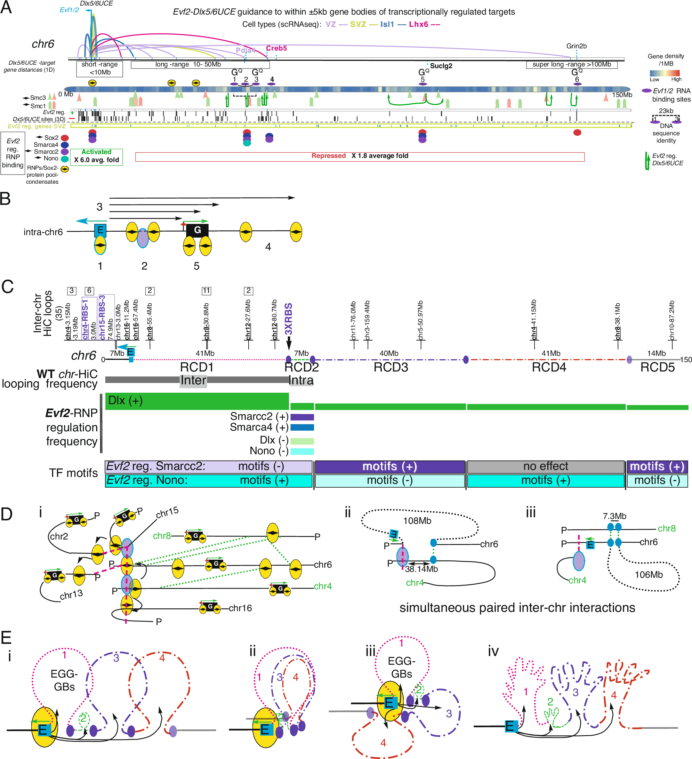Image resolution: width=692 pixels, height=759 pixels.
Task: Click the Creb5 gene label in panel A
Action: tap(276, 48)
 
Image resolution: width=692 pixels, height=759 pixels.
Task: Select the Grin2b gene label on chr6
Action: tap(576, 46)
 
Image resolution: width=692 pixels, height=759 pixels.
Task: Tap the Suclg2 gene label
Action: tap(441, 66)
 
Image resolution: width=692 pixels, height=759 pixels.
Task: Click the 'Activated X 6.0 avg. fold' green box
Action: tap(96, 156)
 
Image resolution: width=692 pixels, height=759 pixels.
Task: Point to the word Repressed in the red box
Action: tap(328, 156)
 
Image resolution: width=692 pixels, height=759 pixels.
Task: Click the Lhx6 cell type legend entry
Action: tap(418, 24)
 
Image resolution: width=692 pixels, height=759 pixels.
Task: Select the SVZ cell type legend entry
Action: tap(358, 24)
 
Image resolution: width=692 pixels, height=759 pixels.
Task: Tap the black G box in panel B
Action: tap(197, 230)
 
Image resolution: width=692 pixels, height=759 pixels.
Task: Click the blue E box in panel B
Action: tap(100, 230)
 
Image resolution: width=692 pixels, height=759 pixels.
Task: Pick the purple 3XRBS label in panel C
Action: tap(288, 319)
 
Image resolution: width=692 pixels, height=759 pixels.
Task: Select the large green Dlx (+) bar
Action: tap(197, 401)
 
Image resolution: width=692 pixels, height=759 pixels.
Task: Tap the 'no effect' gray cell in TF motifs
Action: tap(545, 466)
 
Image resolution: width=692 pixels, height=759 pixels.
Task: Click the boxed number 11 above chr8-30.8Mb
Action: tap(206, 291)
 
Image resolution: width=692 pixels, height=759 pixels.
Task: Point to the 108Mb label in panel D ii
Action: tap(417, 521)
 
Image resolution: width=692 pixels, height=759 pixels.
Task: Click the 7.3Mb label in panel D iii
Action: tap(614, 516)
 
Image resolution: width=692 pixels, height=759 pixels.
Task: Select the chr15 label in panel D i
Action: tap(167, 513)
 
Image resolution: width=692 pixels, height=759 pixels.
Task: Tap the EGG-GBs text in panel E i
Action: tap(64, 680)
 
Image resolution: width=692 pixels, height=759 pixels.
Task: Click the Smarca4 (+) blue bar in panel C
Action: tap(302, 427)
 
